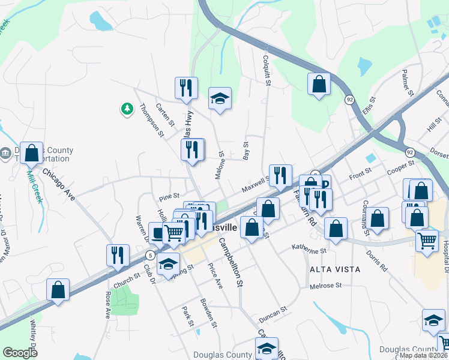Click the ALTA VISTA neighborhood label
coord(335,269)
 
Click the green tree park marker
coord(127,109)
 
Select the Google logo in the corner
coord(20,353)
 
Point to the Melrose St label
coord(325,286)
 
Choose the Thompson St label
coord(152,120)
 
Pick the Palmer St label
coord(408,82)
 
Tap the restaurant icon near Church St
coord(118,256)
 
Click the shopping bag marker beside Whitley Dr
coord(58,290)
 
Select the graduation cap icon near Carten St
coord(220,98)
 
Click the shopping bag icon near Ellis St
coord(319,84)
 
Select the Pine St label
coord(169,196)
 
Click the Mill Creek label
coord(35,187)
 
